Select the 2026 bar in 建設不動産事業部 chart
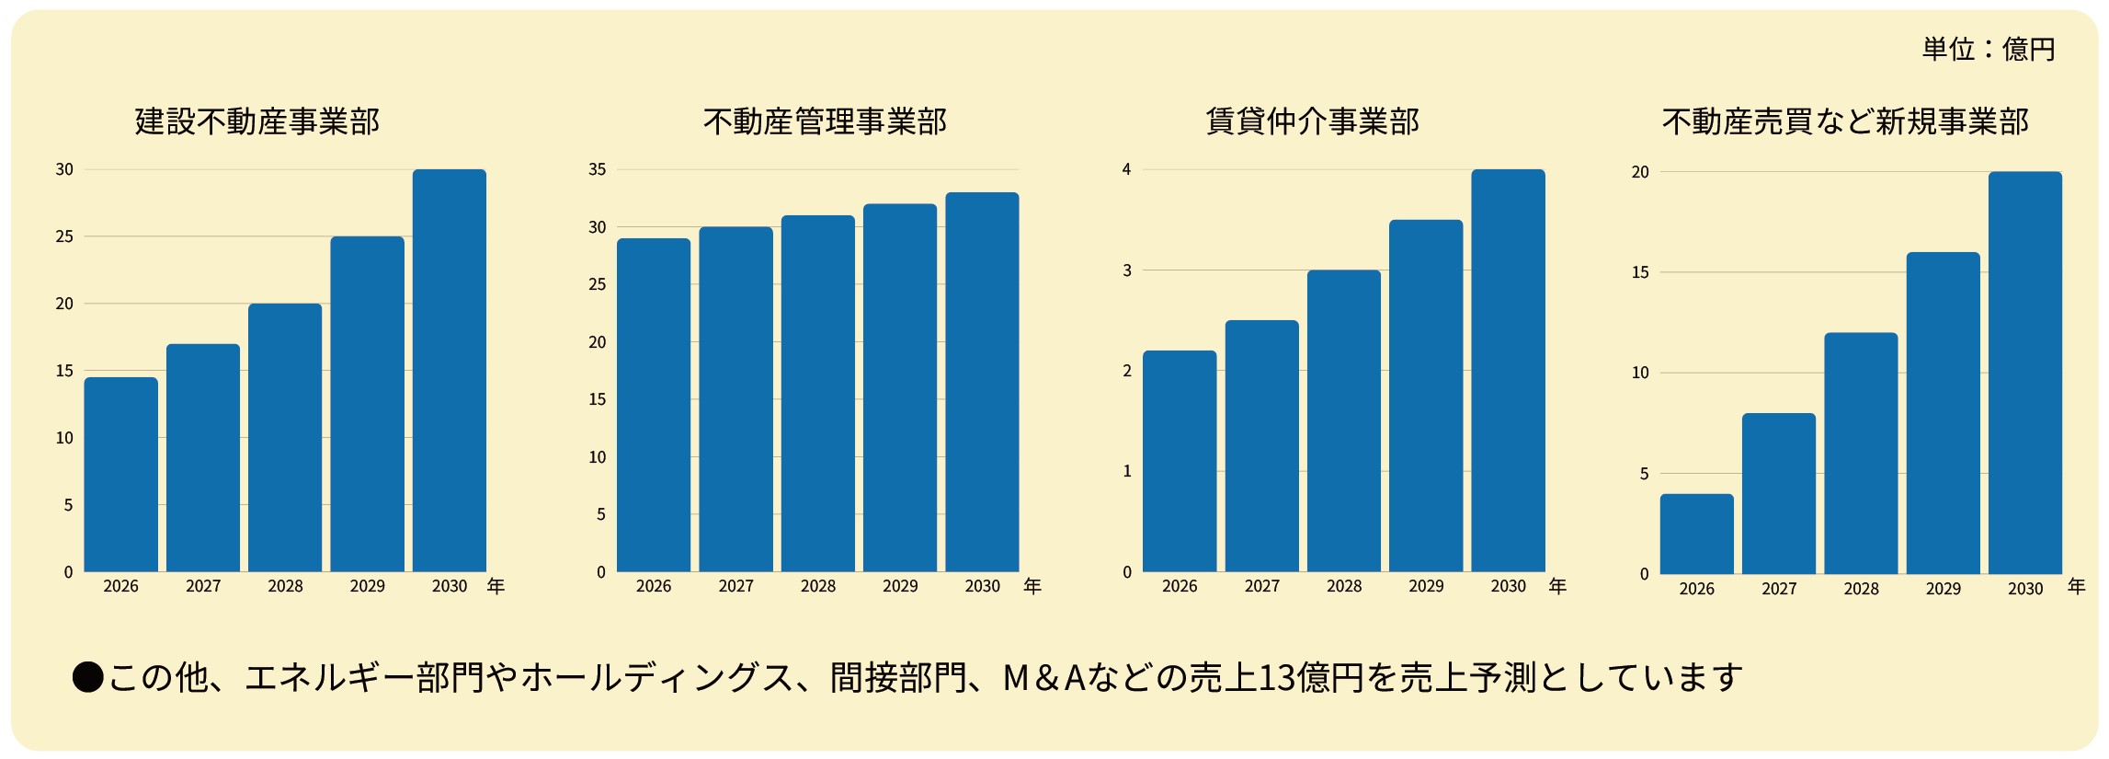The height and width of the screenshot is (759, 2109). pyautogui.click(x=120, y=474)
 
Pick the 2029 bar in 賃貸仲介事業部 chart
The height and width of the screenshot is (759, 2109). pyautogui.click(x=1426, y=396)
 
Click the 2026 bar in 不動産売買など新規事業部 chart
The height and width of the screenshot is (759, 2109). pyautogui.click(x=1696, y=534)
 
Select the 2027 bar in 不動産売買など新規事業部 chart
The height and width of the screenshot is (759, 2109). pyautogui.click(x=1778, y=493)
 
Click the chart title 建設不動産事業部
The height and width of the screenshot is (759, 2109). pyautogui.click(x=257, y=121)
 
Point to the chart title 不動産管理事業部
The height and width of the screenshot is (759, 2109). pyautogui.click(x=825, y=121)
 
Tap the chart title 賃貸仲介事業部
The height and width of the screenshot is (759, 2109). pyautogui.click(x=1312, y=121)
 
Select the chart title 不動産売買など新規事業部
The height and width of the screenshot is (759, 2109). pyautogui.click(x=1845, y=121)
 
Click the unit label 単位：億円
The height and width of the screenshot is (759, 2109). pyautogui.click(x=1988, y=49)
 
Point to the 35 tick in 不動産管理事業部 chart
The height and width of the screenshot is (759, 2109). pyautogui.click(x=598, y=169)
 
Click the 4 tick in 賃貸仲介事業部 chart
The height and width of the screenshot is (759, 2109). pyautogui.click(x=1126, y=169)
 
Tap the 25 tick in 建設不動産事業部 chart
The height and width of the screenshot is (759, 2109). pyautogui.click(x=64, y=236)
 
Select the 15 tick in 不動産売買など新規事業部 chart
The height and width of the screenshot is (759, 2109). pyautogui.click(x=1640, y=272)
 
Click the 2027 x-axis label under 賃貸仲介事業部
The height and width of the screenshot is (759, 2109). pyautogui.click(x=1261, y=586)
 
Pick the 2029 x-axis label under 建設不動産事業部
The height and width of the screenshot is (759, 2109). pyautogui.click(x=368, y=586)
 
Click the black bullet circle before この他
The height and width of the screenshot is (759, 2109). pyautogui.click(x=88, y=677)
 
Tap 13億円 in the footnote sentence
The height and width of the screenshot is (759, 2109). pyautogui.click(x=1309, y=677)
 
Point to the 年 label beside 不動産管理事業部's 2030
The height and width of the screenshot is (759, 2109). pyautogui.click(x=1032, y=586)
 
